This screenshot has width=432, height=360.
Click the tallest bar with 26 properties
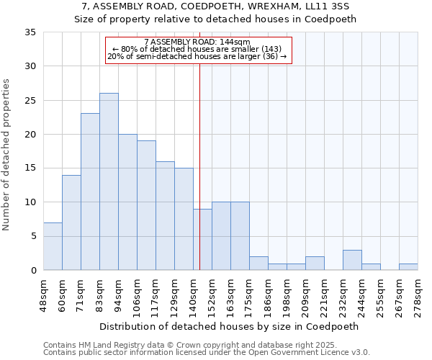[109, 181]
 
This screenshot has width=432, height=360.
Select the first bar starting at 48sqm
[53, 246]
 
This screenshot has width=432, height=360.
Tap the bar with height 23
[90, 192]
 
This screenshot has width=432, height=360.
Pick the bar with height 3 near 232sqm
[352, 260]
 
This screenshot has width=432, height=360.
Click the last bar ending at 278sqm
[408, 267]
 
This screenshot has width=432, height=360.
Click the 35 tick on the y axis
[30, 32]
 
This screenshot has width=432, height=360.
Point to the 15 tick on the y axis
[30, 168]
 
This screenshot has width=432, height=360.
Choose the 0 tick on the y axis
[33, 271]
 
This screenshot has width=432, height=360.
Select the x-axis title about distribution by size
[229, 326]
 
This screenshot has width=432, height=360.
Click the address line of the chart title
[215, 6]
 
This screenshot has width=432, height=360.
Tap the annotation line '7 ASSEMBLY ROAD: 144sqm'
[197, 42]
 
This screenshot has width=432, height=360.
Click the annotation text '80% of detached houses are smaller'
[197, 49]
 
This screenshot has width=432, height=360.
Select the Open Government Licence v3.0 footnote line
[207, 353]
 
